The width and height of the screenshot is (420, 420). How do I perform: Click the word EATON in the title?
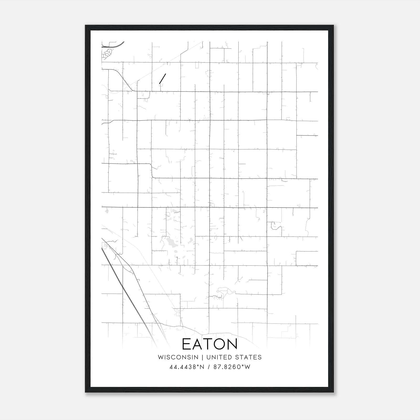(x=209, y=344)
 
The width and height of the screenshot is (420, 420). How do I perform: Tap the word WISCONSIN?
(x=178, y=357)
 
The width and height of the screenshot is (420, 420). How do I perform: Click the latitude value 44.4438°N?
(x=187, y=367)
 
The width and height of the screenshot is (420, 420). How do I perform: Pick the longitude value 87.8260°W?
(x=232, y=367)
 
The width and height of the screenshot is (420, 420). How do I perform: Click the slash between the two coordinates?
(x=209, y=367)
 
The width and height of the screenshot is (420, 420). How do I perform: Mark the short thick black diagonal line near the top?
(x=162, y=79)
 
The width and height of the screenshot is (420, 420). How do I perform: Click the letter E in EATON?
(x=187, y=344)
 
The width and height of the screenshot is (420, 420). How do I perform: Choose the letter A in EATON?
(x=198, y=344)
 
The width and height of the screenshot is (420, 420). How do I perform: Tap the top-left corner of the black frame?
(x=86, y=25)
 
